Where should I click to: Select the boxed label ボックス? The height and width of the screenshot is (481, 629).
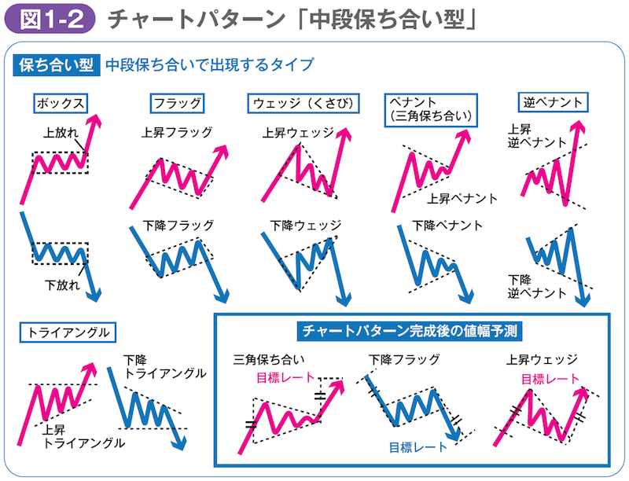click(x=59, y=103)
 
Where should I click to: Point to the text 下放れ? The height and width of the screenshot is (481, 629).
click(x=63, y=285)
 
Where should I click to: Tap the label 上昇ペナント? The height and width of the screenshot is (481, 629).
click(x=462, y=198)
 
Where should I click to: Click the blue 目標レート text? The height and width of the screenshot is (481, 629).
click(x=417, y=448)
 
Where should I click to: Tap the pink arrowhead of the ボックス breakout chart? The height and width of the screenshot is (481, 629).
click(x=96, y=120)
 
